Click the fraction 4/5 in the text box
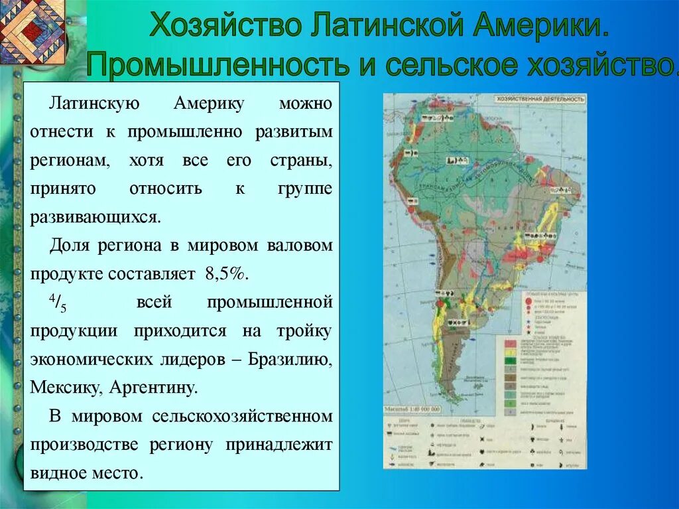pos(58,303)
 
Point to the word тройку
pos(306,330)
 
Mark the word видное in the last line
pos(60,473)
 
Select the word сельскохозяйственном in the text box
pos(241,416)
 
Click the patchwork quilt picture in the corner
pos(32,32)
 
